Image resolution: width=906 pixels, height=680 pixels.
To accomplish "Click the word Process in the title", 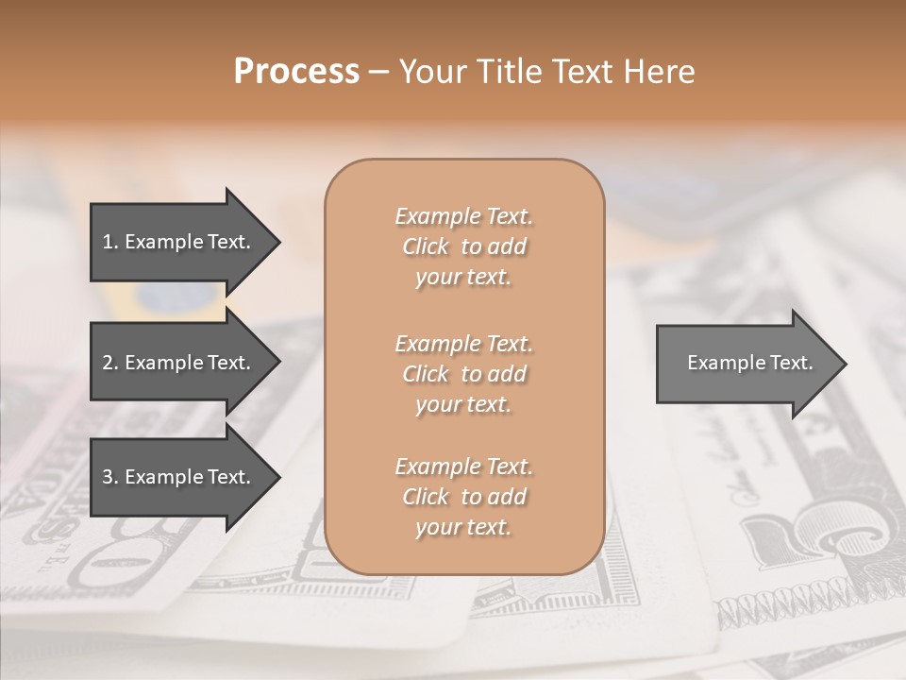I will pos(296,72).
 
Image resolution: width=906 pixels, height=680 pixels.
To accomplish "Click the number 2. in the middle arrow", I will pos(110,363).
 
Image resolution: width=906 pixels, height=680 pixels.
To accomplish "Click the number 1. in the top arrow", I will pos(110,242).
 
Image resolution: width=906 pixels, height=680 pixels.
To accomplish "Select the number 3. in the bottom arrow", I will pos(110,477).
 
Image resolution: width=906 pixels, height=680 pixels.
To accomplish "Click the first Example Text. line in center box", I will pos(463,216).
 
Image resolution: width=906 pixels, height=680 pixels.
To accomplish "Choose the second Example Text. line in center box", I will pos(463,343).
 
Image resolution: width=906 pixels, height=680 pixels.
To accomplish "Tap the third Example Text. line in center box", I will pos(463,467).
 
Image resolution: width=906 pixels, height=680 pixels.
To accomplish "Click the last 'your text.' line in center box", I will pos(463,528).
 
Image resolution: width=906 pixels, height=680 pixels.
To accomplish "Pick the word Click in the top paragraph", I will pos(426,246).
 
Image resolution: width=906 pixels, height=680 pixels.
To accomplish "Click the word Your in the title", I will pos(430,72).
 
